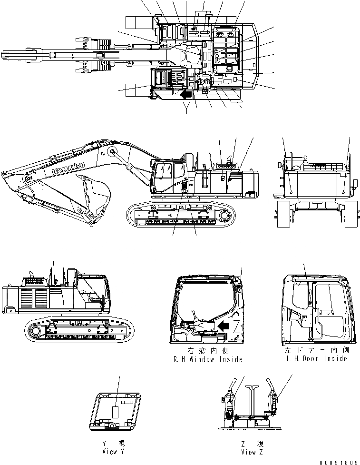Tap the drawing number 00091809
[339, 461]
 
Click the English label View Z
[252, 452]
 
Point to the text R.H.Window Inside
[208, 359]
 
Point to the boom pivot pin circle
[113, 151]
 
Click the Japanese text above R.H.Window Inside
[208, 350]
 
